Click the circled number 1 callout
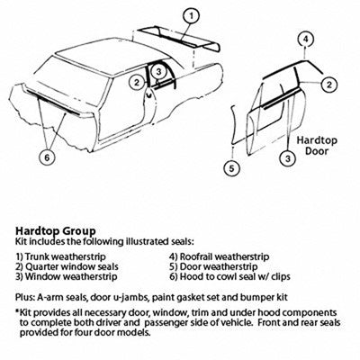click(x=191, y=15)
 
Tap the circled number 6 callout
click(x=48, y=157)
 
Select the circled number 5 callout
click(x=231, y=168)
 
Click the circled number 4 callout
click(x=305, y=40)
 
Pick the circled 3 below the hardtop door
click(x=288, y=158)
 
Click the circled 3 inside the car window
click(x=158, y=72)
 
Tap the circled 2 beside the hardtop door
click(x=329, y=85)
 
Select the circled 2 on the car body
click(x=137, y=82)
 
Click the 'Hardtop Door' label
click(x=317, y=146)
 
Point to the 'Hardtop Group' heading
click(x=56, y=230)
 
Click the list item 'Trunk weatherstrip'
click(x=61, y=256)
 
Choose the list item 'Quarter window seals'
click(x=67, y=266)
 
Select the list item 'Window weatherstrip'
click(x=67, y=276)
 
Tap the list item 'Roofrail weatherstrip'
click(x=220, y=256)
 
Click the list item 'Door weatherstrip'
click(x=213, y=266)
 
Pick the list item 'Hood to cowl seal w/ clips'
click(x=229, y=276)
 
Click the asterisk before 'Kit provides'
click(x=17, y=310)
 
